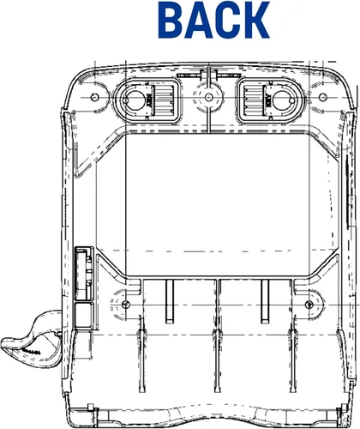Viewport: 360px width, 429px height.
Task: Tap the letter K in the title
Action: [x=255, y=20]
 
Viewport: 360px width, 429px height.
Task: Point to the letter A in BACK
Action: [x=198, y=20]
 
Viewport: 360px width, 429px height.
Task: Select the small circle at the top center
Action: [x=209, y=96]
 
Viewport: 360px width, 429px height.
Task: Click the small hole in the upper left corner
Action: [x=94, y=97]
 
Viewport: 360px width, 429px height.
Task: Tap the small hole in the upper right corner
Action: [x=322, y=97]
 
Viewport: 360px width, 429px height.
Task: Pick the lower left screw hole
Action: [x=125, y=305]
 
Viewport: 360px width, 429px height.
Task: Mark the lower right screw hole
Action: [x=309, y=305]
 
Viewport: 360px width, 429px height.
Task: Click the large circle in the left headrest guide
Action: [x=135, y=100]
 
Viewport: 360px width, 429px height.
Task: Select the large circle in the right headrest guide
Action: [x=283, y=100]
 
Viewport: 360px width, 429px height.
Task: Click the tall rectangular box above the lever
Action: [x=84, y=274]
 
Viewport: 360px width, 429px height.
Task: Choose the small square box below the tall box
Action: [x=84, y=315]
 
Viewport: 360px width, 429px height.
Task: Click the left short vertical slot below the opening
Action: [x=170, y=301]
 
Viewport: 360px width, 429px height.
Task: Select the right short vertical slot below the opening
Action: [x=265, y=301]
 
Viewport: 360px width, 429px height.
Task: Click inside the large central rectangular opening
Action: [x=217, y=205]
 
